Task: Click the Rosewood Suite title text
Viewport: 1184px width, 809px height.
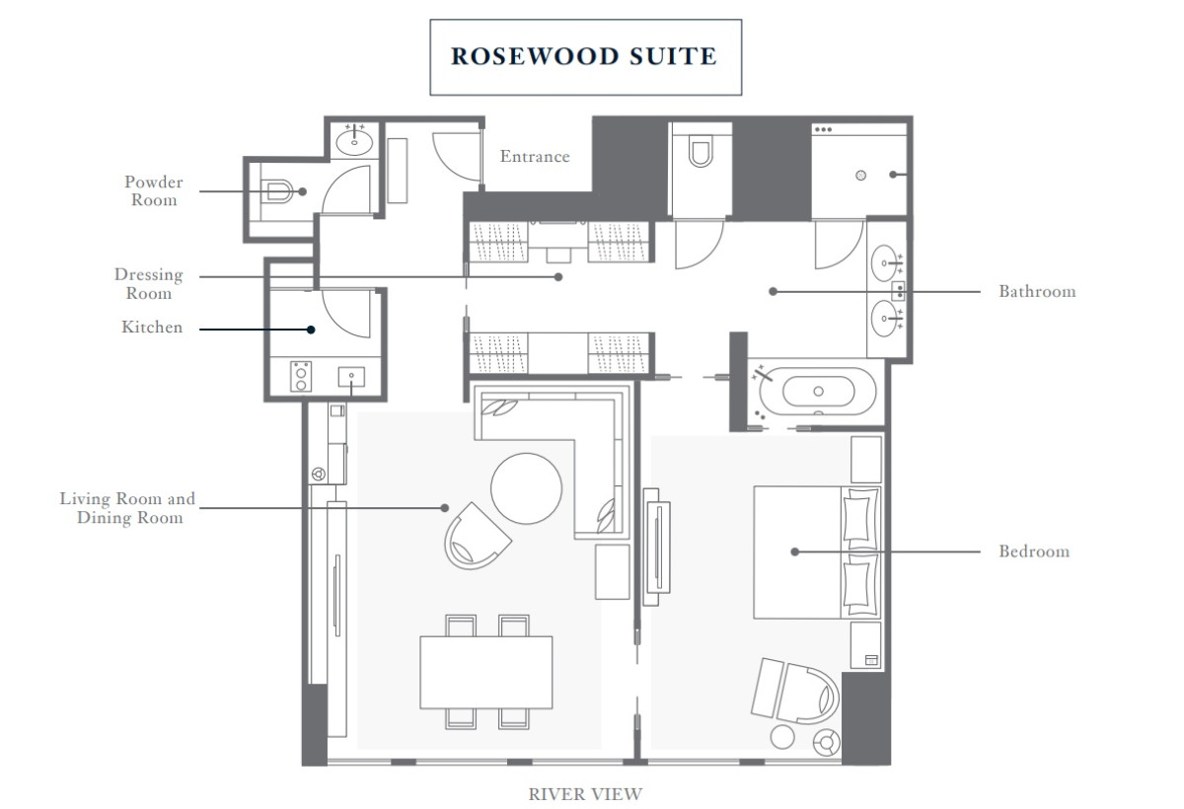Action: tap(584, 56)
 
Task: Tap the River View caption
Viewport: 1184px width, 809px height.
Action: tap(585, 793)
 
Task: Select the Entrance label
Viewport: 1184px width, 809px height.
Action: tap(535, 156)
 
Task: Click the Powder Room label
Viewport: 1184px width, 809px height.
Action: tap(153, 191)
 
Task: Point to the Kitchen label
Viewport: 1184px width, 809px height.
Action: tap(152, 328)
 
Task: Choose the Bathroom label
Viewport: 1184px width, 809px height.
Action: tap(1037, 291)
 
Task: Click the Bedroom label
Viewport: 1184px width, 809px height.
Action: tap(1034, 552)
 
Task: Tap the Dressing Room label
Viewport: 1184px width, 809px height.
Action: tap(148, 284)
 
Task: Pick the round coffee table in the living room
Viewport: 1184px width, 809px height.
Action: tap(527, 488)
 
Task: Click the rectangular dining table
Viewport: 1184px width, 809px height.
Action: tap(486, 671)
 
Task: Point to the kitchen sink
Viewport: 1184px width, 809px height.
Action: tap(351, 377)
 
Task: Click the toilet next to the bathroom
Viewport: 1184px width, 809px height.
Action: tap(701, 152)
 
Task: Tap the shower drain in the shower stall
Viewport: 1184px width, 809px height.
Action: tap(860, 176)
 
